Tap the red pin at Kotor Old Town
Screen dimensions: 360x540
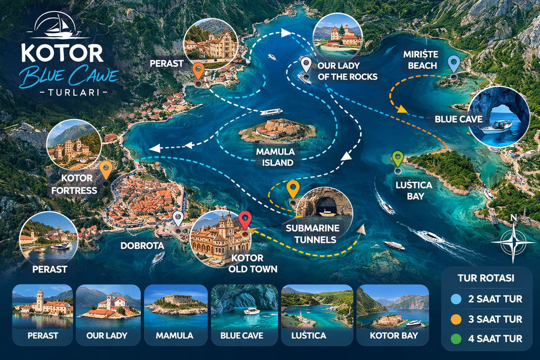tap(245, 219)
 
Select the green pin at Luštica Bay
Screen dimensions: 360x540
tap(398, 159)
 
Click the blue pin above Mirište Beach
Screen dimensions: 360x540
tap(454, 64)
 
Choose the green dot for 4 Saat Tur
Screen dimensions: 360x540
tap(455, 338)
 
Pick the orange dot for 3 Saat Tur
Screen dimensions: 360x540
tap(455, 319)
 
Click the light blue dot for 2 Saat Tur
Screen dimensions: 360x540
tap(455, 299)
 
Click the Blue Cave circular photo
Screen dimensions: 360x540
tap(498, 116)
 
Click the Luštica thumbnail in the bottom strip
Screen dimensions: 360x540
tap(317, 315)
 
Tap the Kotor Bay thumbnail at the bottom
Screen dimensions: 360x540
tap(393, 315)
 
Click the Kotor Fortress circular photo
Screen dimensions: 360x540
tap(74, 144)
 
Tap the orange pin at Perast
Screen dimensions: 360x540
tap(198, 70)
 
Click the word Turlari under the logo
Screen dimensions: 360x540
tap(66, 92)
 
